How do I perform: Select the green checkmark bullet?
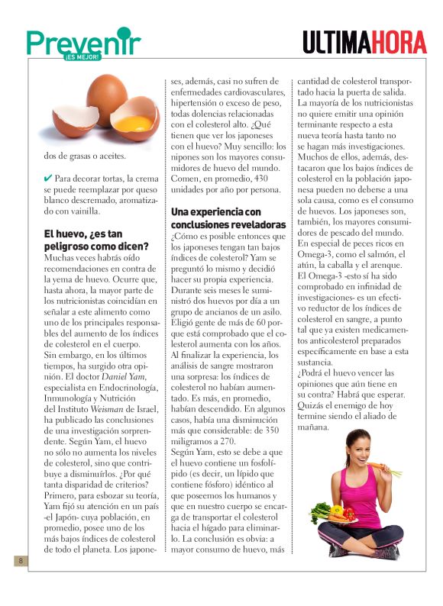[48, 178]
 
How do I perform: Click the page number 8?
[22, 562]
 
